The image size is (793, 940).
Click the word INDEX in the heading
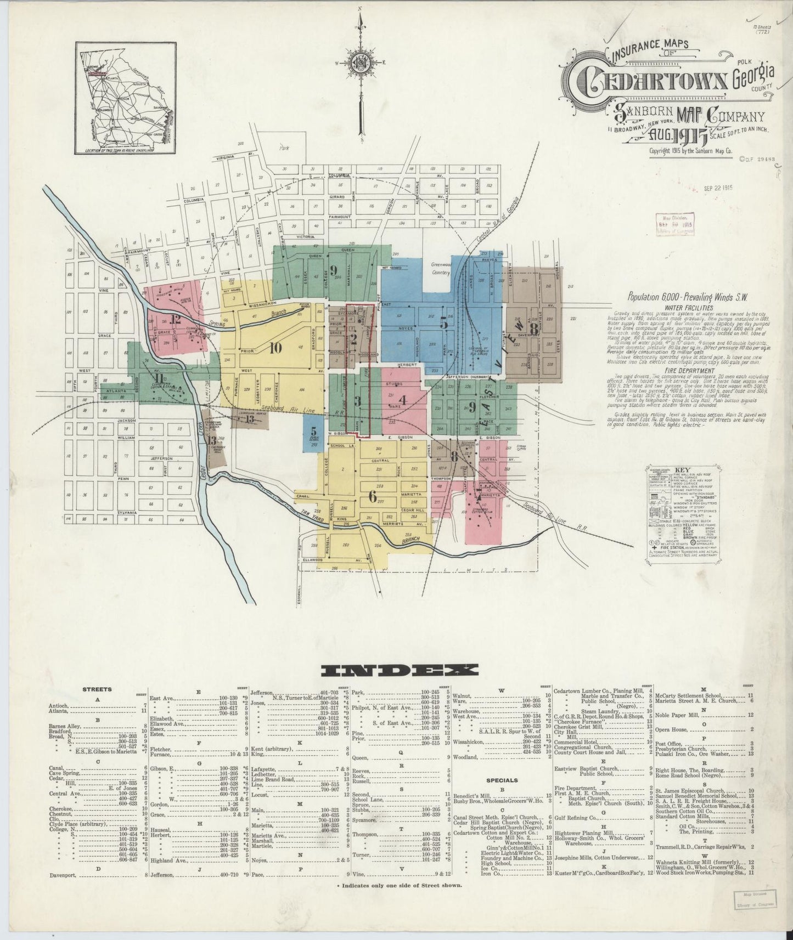coord(400,670)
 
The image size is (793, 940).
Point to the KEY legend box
coord(683,512)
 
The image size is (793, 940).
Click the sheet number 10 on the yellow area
coord(275,347)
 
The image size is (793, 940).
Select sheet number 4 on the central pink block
coord(403,400)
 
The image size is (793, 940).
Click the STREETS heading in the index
coord(97,689)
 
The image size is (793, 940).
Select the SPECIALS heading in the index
coord(502,780)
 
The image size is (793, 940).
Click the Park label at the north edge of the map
coord(283,148)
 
